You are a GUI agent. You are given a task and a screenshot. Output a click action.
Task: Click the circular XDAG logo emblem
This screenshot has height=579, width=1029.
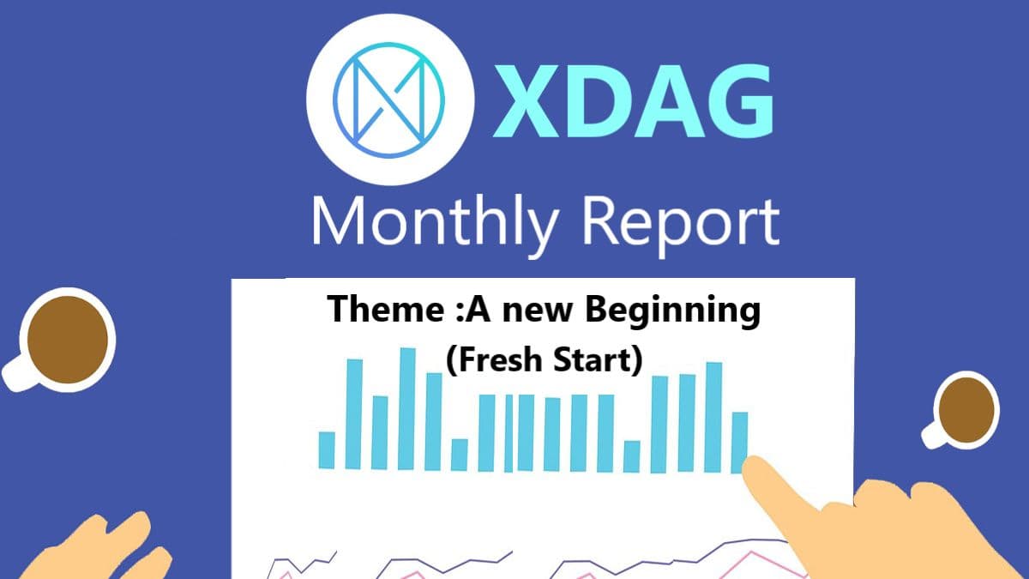coord(390,100)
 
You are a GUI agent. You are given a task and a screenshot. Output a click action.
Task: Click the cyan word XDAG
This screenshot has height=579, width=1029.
coord(634,101)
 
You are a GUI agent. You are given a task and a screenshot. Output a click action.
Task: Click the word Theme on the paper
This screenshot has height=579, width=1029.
coord(386,309)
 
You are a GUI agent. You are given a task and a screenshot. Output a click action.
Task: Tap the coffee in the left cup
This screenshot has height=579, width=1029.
coord(68,340)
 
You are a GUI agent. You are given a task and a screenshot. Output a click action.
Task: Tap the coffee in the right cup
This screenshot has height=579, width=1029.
coord(966,410)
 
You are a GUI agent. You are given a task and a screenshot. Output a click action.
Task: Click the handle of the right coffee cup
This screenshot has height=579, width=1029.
coord(933,434)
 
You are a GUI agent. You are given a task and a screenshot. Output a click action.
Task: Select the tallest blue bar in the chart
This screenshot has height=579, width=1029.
coord(406,408)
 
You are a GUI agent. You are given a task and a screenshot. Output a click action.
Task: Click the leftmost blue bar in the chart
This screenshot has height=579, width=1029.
coord(327,449)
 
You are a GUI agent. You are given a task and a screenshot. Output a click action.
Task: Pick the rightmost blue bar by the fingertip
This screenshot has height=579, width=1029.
coord(739,442)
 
